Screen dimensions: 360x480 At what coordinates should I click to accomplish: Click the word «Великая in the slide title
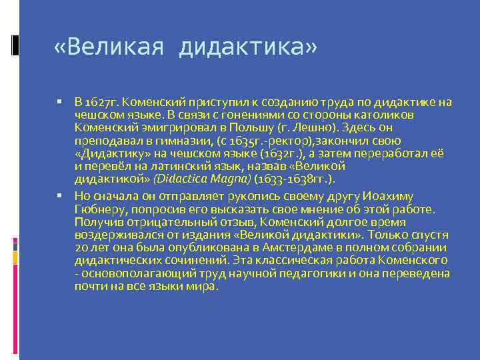(x=109, y=47)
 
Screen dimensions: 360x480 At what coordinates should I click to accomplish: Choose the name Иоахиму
(x=389, y=196)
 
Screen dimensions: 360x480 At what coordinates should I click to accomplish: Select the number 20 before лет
(x=81, y=247)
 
